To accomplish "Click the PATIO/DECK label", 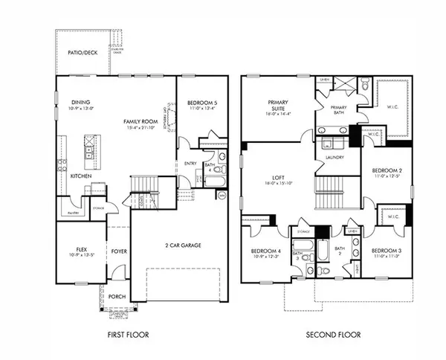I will pyautogui.click(x=81, y=53).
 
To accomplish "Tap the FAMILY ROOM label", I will pyautogui.click(x=140, y=120).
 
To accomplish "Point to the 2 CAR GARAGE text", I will pyautogui.click(x=183, y=245).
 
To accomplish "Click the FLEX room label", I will pyautogui.click(x=81, y=250).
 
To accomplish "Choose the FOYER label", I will pyautogui.click(x=119, y=251).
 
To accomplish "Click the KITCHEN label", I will pyautogui.click(x=81, y=176).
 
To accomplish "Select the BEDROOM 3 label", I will pyautogui.click(x=386, y=250).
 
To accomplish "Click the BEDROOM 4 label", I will pyautogui.click(x=266, y=251).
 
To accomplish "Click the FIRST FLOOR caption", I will pyautogui.click(x=127, y=335).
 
